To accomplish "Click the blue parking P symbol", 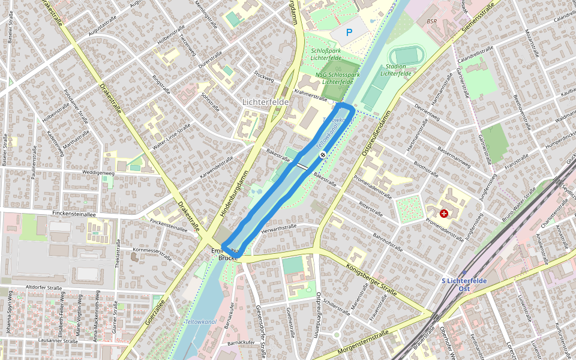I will pos(349,33).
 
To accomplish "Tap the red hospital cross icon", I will pos(444,213).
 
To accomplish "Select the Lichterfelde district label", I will pos(266,102).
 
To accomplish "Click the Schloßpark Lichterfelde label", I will pos(326,54).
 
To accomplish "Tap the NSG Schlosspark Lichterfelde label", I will pos(337,78).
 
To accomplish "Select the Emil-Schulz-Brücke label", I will pos(229,254).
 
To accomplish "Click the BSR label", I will pos(432,21).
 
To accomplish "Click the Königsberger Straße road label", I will pos(371,279).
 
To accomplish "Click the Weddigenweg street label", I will pos(98,173).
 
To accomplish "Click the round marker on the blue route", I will pos(323,155).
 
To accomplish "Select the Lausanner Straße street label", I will pos(57,341).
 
